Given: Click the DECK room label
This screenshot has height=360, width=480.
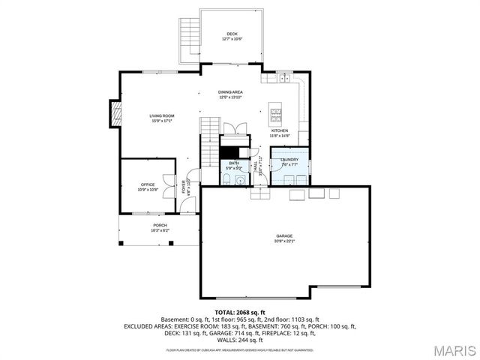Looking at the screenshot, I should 232,34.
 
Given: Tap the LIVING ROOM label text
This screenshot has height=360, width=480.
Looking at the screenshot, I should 162,115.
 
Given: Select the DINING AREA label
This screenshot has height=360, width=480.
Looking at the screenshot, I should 230,92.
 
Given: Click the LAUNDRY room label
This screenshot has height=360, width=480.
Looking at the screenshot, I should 289,159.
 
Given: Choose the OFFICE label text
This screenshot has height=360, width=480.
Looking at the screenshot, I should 148,184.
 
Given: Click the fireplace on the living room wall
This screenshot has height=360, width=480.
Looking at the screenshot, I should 115,113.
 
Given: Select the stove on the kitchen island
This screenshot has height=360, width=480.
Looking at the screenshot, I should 275,115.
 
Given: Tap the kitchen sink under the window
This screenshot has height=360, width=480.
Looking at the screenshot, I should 284,77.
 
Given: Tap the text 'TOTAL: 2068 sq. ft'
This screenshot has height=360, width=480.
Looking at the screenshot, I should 240,312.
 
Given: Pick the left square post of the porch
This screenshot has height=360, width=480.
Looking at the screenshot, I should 121,243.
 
